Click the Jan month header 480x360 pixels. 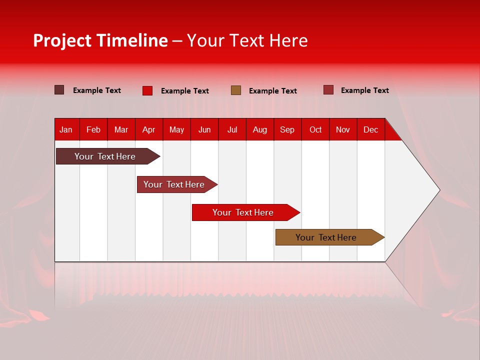(x=66, y=129)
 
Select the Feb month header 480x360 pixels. (x=93, y=129)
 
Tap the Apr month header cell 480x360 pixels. (x=149, y=129)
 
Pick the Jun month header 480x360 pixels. (x=204, y=129)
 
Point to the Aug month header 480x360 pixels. (x=260, y=129)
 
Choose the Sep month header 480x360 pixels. (x=287, y=129)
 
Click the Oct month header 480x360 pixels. (x=315, y=129)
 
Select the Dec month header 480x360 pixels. (x=371, y=129)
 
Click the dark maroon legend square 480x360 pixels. (x=59, y=90)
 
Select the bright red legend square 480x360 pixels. (x=147, y=90)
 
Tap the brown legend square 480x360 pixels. (x=236, y=90)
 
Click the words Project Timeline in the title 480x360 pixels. (x=100, y=40)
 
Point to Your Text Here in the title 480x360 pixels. (x=247, y=40)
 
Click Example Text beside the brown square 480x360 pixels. (x=273, y=91)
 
